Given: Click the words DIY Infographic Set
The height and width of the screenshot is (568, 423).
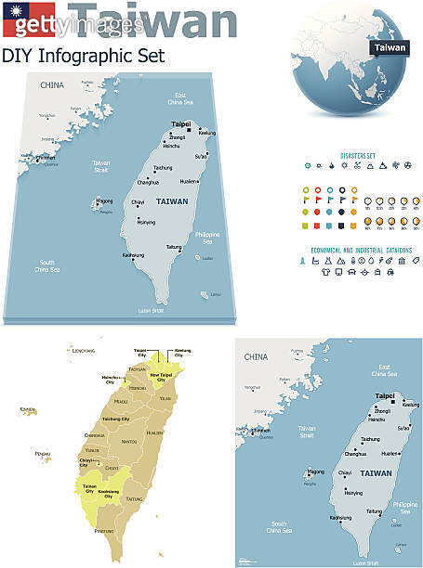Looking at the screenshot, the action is (84, 56).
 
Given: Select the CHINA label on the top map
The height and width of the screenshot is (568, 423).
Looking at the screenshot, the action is (52, 86).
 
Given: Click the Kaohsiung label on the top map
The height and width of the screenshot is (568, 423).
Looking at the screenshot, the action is (133, 254).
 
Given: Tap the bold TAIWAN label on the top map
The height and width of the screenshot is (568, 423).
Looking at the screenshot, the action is (173, 201).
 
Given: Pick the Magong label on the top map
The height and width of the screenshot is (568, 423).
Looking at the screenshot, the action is (105, 200).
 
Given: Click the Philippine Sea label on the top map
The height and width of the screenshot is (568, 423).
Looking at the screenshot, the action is (207, 238).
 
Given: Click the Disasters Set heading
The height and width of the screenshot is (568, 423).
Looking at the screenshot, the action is (357, 155).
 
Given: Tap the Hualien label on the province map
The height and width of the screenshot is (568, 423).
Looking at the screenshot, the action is (155, 432).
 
